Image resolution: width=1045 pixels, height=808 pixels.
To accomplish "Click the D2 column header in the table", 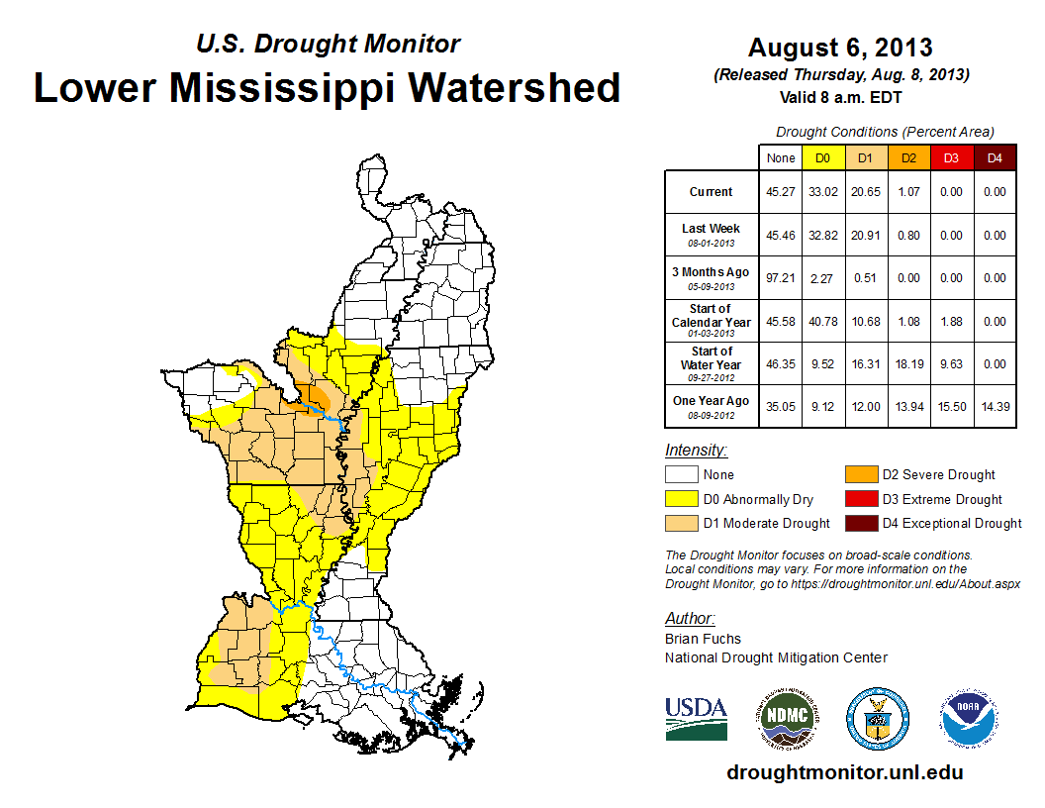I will [909, 157].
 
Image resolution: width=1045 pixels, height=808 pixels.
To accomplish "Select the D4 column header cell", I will [995, 157].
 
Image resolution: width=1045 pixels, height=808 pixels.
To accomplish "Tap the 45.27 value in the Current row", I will [780, 192].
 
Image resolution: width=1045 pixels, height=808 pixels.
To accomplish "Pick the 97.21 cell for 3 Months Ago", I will [780, 278].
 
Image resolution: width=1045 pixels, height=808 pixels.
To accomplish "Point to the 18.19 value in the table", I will [909, 363].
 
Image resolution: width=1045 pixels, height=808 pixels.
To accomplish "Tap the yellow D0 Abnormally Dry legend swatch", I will [682, 499].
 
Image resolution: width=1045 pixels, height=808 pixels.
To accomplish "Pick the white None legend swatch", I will [682, 475].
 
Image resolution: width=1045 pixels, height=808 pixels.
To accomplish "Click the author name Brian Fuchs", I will [703, 639].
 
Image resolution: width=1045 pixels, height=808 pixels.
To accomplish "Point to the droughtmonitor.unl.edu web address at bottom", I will [844, 772].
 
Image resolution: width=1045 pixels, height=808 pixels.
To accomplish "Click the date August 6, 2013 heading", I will [840, 48].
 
